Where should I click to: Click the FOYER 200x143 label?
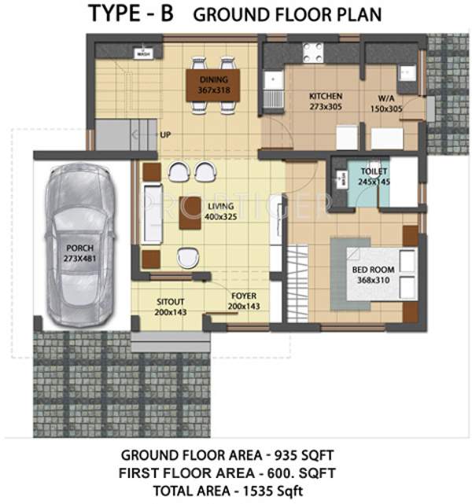pyautogui.click(x=243, y=300)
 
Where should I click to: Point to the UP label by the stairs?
pyautogui.click(x=166, y=134)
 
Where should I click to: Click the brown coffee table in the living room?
pyautogui.click(x=190, y=212)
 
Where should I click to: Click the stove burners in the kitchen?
pyautogui.click(x=313, y=51)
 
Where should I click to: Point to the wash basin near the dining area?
pyautogui.click(x=142, y=53)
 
